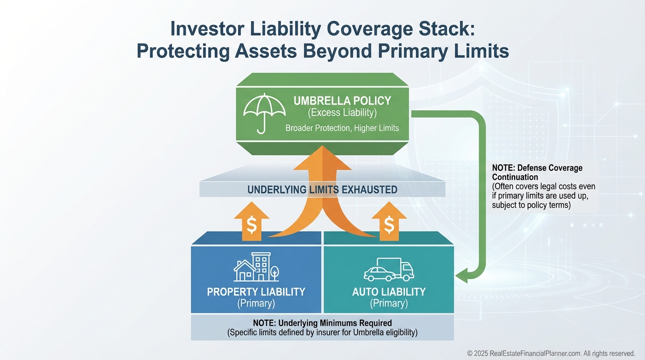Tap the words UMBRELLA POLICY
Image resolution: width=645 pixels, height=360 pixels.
pos(342,101)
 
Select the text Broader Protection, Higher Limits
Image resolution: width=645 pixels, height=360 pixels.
pos(342,128)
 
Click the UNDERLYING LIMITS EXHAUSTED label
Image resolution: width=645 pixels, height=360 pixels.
pos(322,190)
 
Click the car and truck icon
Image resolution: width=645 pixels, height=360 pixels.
pos(389,270)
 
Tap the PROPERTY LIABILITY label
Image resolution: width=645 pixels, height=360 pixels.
pos(256,292)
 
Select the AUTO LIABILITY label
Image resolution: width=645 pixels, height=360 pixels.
pos(389,292)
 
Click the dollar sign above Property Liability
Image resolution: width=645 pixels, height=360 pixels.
pos(252,225)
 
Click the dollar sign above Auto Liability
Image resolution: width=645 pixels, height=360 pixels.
pos(389,225)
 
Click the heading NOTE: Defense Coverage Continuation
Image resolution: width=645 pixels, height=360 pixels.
pos(537,172)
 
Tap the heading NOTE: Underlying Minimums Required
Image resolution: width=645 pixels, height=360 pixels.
pos(322,323)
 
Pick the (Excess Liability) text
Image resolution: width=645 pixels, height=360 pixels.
pos(342,113)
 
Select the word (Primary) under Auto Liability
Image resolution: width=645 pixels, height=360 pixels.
pos(389,303)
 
